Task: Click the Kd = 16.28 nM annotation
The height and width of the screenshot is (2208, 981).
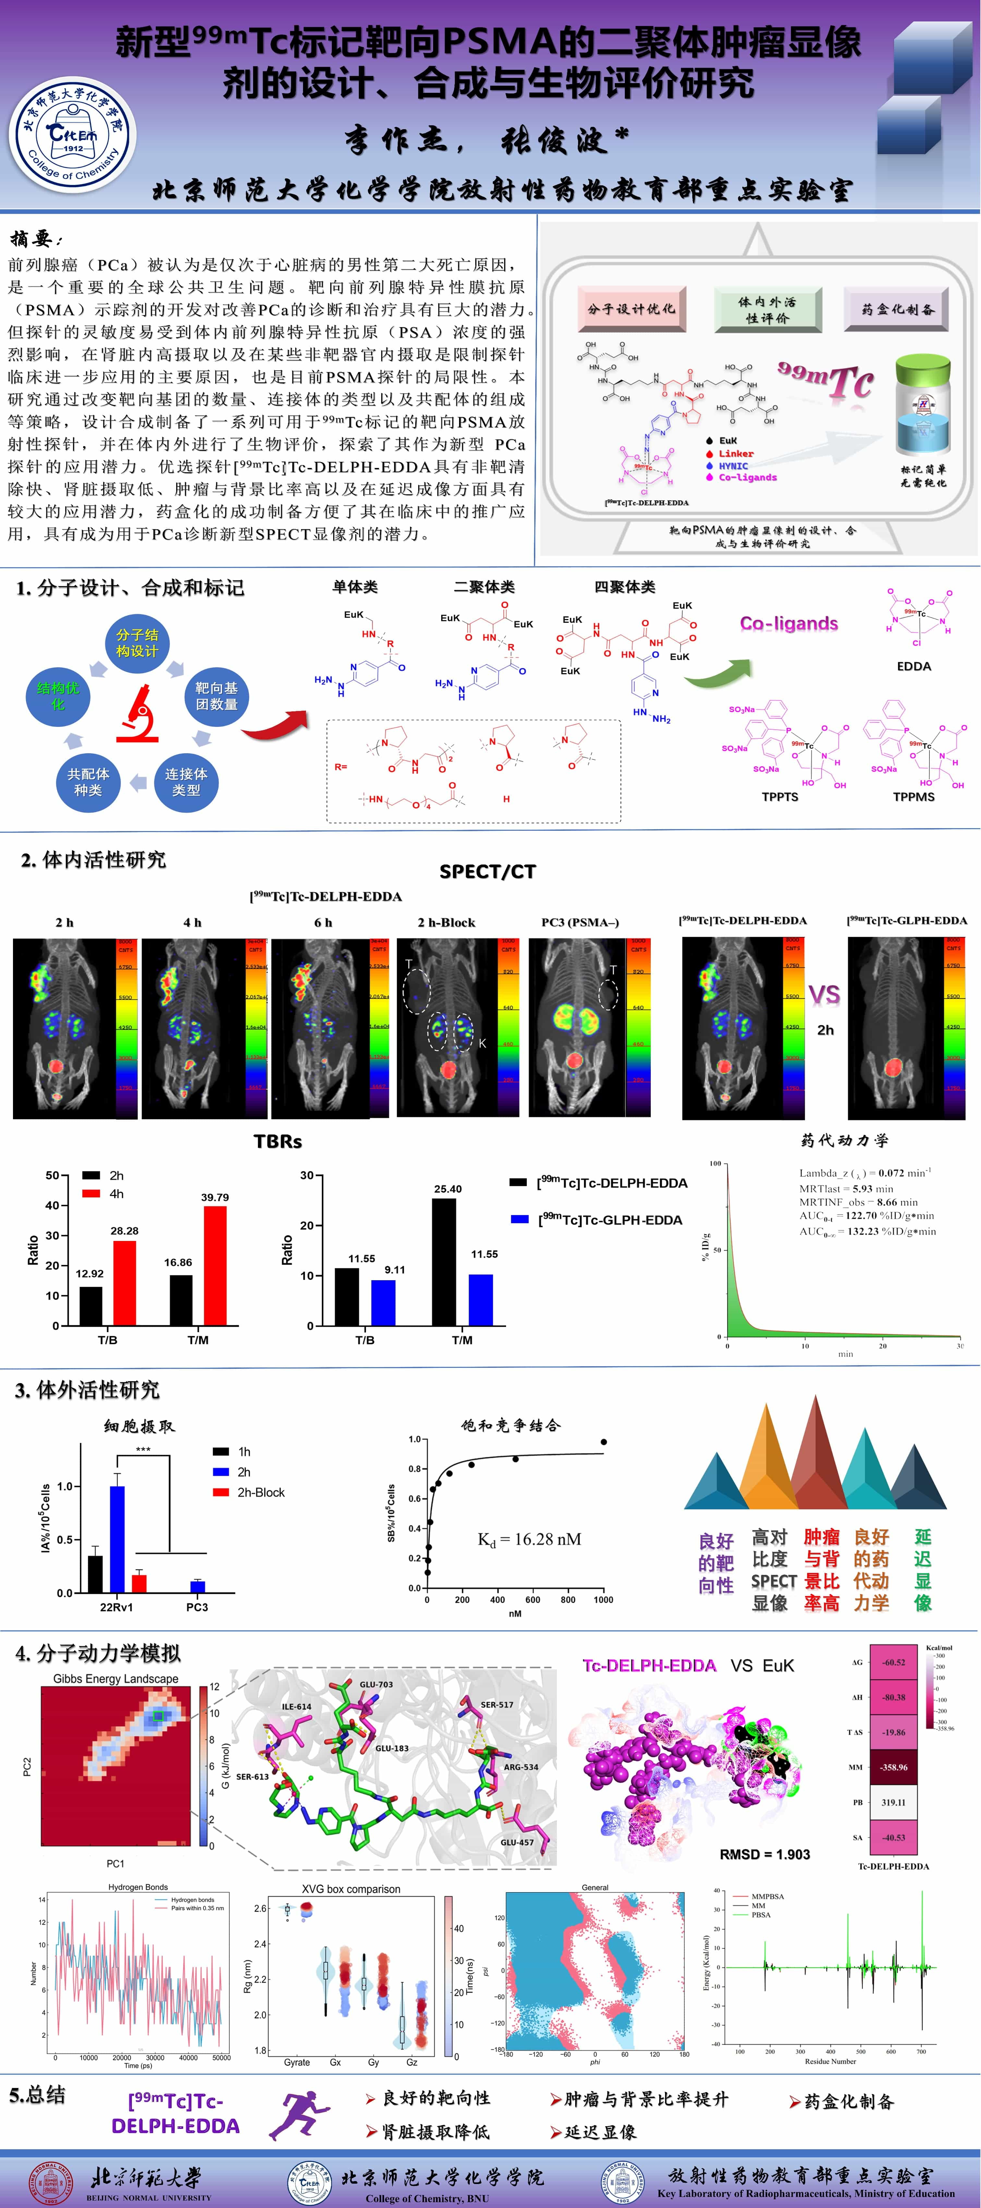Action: tap(529, 1539)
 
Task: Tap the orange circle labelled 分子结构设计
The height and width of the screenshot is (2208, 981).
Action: tap(137, 643)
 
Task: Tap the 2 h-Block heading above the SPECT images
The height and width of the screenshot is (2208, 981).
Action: tap(446, 922)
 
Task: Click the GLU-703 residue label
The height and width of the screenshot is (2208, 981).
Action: tap(376, 1684)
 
